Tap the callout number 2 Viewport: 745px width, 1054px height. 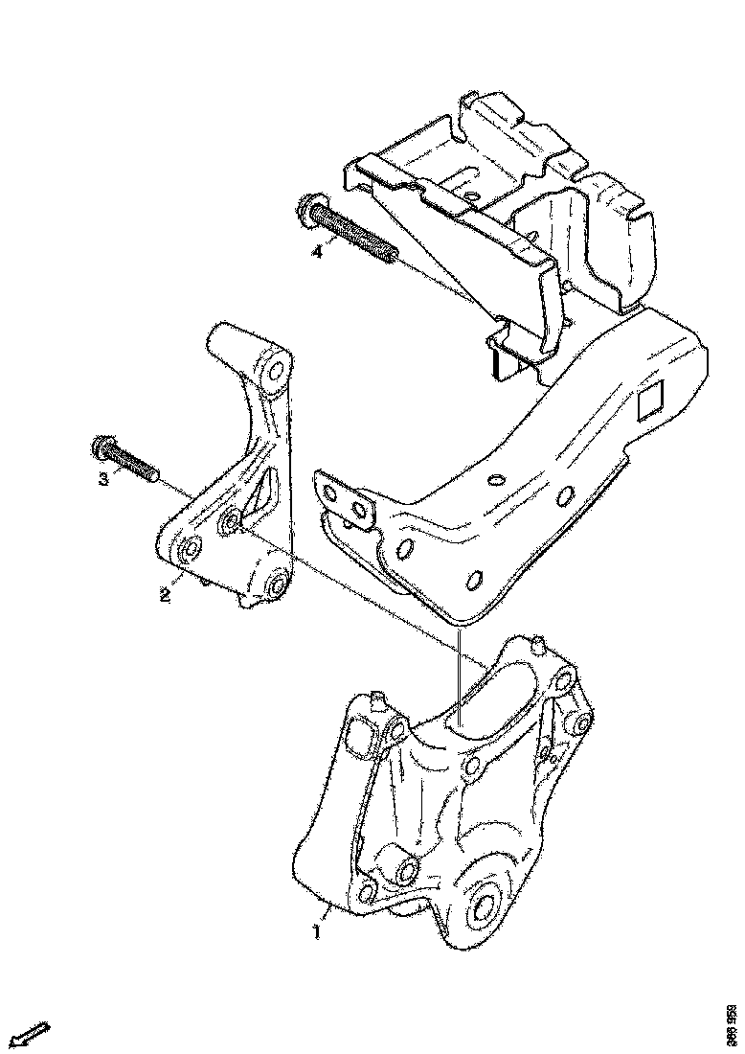(165, 595)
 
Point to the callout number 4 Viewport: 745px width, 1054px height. (315, 253)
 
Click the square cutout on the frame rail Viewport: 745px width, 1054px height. (652, 401)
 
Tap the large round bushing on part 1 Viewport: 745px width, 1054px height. (481, 905)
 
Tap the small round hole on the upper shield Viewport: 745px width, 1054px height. (469, 202)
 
